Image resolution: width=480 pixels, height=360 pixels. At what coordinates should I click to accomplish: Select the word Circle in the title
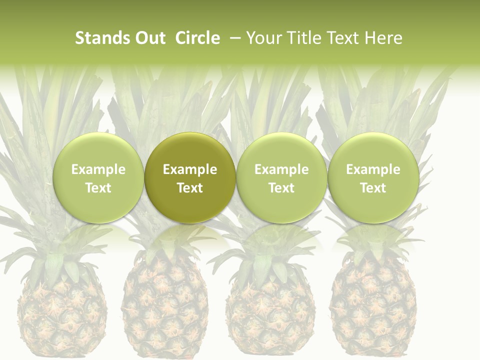(x=197, y=38)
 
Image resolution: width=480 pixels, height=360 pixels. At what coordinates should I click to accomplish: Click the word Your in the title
(x=263, y=38)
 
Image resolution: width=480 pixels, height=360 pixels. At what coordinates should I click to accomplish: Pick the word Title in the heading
(x=300, y=38)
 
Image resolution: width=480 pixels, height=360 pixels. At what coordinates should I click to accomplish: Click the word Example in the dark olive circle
(x=190, y=169)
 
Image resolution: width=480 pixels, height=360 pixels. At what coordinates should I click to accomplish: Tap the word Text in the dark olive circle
(x=190, y=188)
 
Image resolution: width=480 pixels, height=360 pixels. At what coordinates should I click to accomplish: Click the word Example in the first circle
(x=98, y=169)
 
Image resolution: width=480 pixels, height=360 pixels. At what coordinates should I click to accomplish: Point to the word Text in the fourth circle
(x=373, y=188)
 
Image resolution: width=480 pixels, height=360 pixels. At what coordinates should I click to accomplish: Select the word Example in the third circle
(x=281, y=169)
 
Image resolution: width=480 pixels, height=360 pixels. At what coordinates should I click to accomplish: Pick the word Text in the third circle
(x=281, y=188)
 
